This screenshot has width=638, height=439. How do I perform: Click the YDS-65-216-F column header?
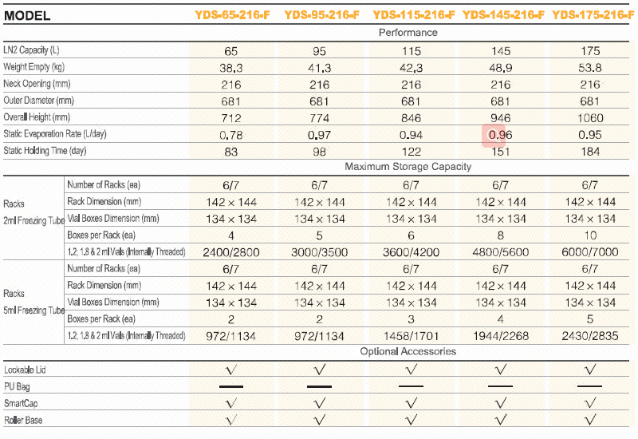coord(231,14)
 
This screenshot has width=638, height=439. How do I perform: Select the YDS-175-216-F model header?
coord(593,14)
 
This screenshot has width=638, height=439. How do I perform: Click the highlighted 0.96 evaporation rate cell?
coord(500,135)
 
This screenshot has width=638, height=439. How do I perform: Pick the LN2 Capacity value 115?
coord(412,51)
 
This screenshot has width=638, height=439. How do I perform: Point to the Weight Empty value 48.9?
coord(501,69)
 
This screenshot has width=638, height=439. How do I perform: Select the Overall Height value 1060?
coord(590,118)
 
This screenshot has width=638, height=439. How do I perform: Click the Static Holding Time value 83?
coord(230,151)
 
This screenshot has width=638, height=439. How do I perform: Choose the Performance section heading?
coord(408,33)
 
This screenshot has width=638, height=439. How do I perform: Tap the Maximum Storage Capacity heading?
coord(408,167)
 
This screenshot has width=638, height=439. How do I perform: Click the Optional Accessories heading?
coord(408,351)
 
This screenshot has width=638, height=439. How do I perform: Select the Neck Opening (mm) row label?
coord(38,84)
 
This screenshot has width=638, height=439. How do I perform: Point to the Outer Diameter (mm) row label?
coord(38,101)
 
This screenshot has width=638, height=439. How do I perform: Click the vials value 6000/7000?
coord(590,252)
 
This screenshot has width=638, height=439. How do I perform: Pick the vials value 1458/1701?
coord(412,336)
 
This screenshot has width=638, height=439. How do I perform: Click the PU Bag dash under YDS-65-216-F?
coord(230,386)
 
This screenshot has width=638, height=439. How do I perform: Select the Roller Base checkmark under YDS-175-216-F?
coord(590,420)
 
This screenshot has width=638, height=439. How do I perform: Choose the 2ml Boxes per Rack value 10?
coord(590,235)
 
